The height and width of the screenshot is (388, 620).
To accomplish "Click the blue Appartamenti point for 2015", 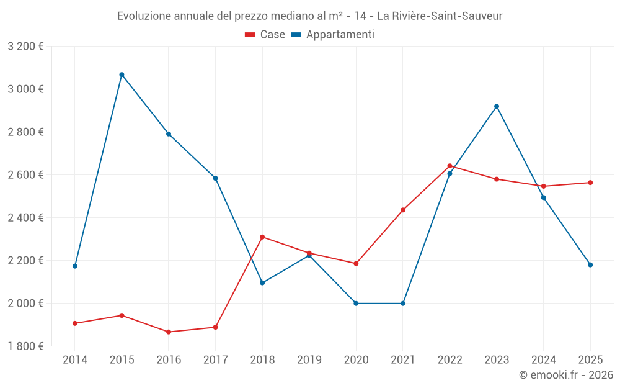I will click(122, 74).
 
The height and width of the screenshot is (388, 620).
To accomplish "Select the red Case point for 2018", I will click(262, 237).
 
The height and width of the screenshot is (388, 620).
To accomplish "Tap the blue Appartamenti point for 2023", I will click(497, 106).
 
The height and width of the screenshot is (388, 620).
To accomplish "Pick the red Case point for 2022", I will click(449, 166).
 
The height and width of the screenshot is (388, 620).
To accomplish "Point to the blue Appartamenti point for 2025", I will click(590, 265).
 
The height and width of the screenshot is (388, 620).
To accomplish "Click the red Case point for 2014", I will click(75, 323).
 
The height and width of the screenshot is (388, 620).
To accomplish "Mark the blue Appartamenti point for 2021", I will click(403, 304).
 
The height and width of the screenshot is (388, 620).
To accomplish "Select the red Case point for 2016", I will click(169, 332).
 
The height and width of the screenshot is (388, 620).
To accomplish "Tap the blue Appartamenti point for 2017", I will click(215, 178).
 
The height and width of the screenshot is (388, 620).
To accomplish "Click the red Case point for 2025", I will click(590, 183).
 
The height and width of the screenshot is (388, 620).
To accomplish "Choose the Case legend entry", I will click(265, 35).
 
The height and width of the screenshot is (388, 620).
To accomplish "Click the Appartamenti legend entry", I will click(333, 35).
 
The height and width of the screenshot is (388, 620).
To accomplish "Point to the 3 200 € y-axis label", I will click(25, 47).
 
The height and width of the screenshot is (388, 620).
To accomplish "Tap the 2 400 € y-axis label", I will click(25, 218).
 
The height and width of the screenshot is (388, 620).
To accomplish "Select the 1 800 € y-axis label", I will click(25, 346).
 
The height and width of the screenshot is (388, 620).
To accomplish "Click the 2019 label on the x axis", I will click(309, 360).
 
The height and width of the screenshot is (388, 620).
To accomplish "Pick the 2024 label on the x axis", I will click(543, 360).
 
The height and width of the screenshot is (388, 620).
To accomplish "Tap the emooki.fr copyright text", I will click(565, 375).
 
